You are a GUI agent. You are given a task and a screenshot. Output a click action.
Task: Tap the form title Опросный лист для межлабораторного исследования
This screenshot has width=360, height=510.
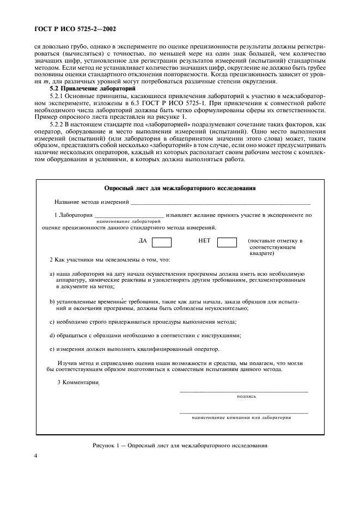[x=180, y=188]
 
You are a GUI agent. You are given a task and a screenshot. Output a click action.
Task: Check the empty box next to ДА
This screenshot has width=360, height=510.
[x=161, y=242]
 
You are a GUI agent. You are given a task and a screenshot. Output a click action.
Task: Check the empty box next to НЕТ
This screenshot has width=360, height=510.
[x=227, y=242]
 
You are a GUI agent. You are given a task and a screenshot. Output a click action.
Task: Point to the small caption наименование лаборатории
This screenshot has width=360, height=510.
[x=128, y=222]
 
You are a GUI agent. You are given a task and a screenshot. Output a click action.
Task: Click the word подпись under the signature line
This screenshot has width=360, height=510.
[x=246, y=397]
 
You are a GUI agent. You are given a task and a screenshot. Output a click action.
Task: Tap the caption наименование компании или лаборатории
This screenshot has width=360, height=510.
[x=241, y=418]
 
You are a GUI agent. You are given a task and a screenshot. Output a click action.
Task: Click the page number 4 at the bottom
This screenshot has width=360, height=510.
[x=36, y=456]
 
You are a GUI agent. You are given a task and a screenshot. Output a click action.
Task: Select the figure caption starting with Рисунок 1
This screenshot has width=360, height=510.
[x=180, y=445]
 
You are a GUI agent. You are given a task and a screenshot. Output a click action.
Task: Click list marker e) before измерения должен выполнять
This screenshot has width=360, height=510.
[x=52, y=349]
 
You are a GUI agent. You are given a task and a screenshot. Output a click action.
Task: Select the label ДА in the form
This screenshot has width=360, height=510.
[x=143, y=240]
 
